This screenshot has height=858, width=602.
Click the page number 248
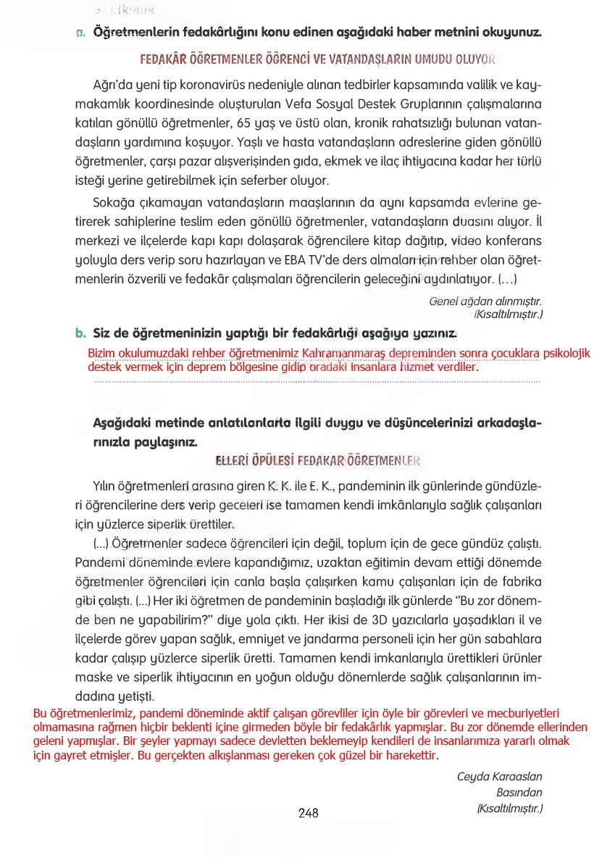point(309,813)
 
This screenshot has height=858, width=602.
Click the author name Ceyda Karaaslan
point(499,777)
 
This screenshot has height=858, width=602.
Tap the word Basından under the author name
point(519,793)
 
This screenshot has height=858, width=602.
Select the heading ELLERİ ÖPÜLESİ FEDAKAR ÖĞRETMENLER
point(318,461)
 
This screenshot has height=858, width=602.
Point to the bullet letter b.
point(80,334)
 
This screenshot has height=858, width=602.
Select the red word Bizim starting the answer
point(101,353)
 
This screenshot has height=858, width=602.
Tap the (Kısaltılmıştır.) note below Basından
point(509,808)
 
